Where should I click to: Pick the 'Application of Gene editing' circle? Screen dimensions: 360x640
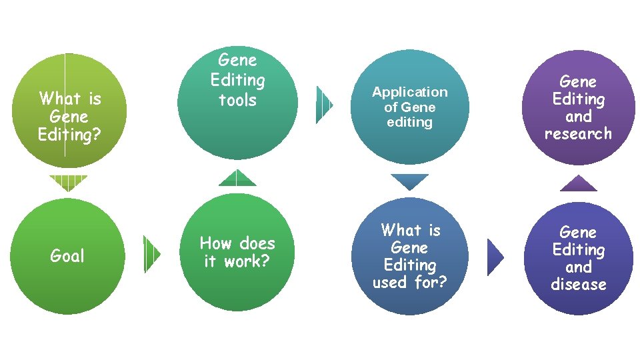(409, 108)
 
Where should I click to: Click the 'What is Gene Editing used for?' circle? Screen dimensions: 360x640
(409, 257)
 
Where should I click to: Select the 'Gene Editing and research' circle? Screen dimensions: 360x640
(578, 108)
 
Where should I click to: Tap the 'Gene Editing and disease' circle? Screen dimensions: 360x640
(578, 259)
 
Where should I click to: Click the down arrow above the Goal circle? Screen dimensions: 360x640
(69, 183)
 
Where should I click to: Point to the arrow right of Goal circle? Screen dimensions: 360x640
(152, 254)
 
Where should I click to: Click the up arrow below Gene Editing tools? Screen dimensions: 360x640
(237, 178)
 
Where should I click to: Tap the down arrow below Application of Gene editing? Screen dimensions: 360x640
(409, 181)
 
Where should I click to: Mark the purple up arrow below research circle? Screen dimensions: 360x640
(578, 183)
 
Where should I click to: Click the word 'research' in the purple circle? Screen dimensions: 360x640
(578, 134)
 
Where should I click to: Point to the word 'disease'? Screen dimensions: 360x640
(578, 285)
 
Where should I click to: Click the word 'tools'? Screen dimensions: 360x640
(238, 100)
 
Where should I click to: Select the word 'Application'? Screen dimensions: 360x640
(409, 92)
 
